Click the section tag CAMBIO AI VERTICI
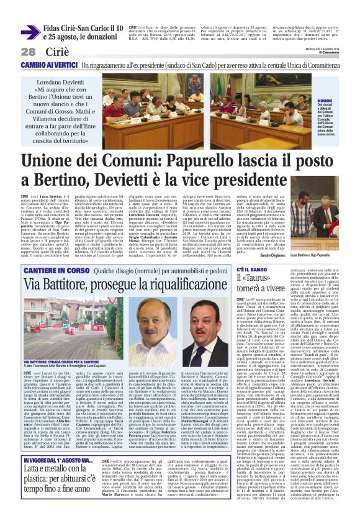pyautogui.click(x=46, y=65)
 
